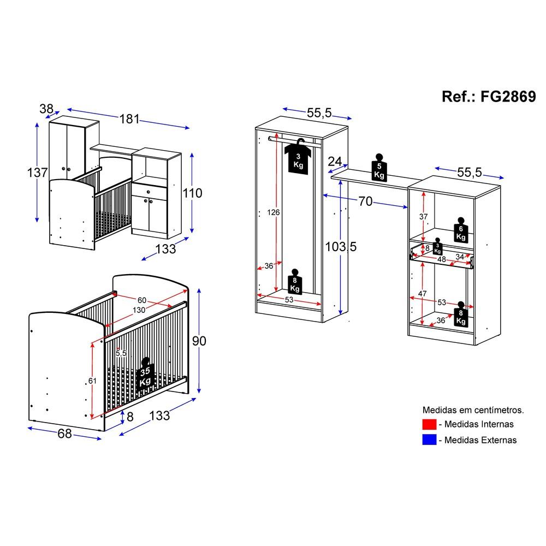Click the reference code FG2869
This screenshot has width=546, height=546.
[x=508, y=97]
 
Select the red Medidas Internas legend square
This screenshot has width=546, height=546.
[x=429, y=424]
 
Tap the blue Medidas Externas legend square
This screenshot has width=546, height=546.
[x=429, y=440]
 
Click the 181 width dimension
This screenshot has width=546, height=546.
[x=129, y=119]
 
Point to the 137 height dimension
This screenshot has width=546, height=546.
[x=37, y=173]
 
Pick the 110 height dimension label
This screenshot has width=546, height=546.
[x=193, y=193]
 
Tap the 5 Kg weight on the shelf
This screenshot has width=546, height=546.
[x=379, y=168]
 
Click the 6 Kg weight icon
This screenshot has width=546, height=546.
[x=461, y=230]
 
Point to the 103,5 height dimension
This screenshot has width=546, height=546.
[x=341, y=247]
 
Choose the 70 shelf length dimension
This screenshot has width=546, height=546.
[x=365, y=201]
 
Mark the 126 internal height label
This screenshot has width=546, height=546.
[x=274, y=212]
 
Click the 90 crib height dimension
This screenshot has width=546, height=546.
[x=199, y=341]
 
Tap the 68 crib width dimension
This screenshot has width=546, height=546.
[x=65, y=434]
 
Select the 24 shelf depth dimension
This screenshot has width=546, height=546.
[x=335, y=161]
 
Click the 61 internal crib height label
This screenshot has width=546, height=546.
[x=92, y=381]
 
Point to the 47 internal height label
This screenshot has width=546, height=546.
[x=423, y=294]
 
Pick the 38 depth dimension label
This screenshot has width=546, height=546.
[x=46, y=109]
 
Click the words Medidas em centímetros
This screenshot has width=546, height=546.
[x=473, y=410]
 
